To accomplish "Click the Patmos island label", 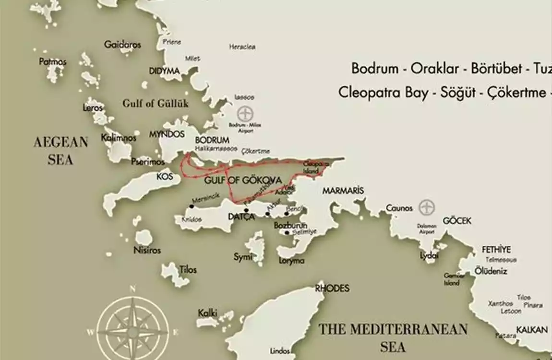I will click(53, 62).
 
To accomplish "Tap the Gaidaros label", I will click(123, 45).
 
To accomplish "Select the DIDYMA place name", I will click(164, 71).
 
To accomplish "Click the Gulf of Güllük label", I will click(156, 103).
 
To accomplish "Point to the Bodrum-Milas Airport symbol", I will click(246, 114).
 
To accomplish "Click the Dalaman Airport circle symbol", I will click(426, 208).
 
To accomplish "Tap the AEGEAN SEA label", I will click(60, 151).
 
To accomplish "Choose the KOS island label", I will click(165, 177).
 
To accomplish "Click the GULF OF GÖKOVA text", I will click(243, 180).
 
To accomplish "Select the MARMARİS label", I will click(343, 191).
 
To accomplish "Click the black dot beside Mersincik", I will click(192, 206).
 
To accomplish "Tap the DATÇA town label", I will click(241, 217).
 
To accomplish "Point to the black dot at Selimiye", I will click(287, 233).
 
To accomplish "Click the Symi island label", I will click(243, 257).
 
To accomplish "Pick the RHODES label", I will click(332, 288).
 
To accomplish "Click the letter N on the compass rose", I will click(132, 288).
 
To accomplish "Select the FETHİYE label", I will click(496, 250).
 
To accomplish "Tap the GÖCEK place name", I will click(456, 221).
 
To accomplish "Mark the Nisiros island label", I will click(147, 250).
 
